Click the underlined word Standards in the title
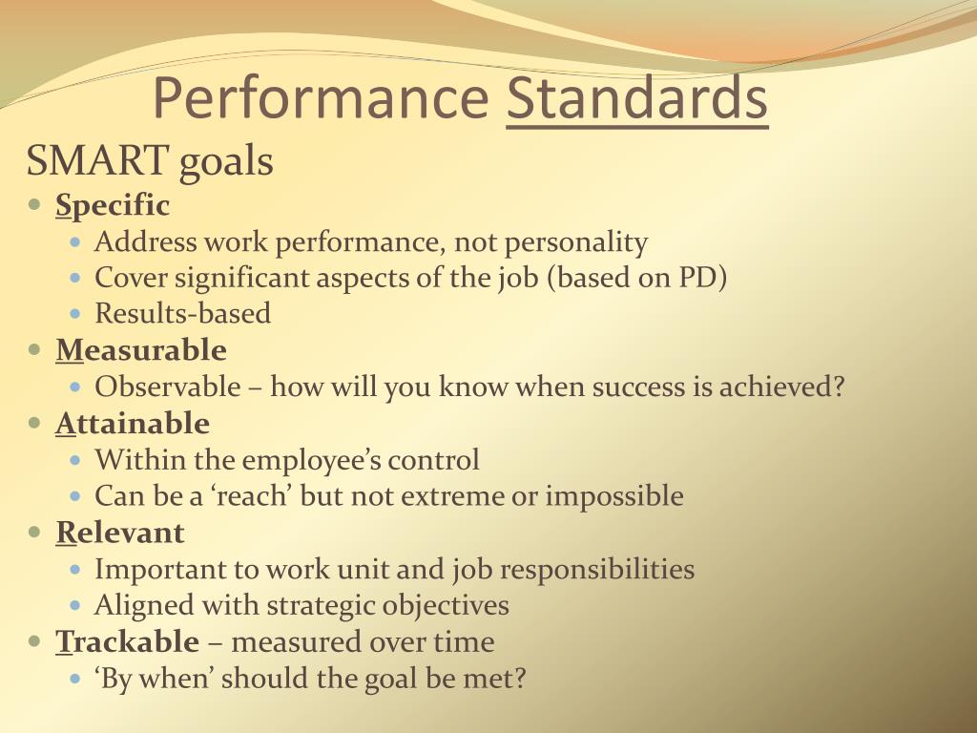636,98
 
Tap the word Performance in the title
320,98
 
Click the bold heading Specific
113,205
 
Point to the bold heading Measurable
141,350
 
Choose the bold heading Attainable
133,423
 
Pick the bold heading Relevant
120,532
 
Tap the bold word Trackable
128,641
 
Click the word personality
576,242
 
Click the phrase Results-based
182,313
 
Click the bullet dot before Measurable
35,350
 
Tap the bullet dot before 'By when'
76,679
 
